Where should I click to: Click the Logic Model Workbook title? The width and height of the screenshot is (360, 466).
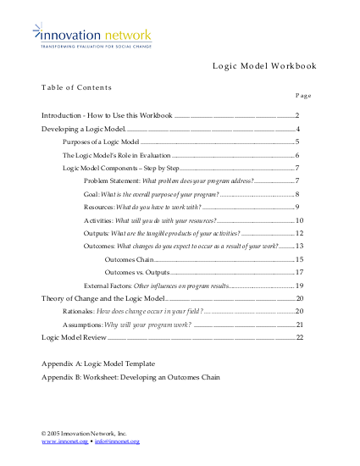point(263,66)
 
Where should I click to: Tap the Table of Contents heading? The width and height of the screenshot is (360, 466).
point(76,87)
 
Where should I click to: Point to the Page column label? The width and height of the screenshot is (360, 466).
point(305,97)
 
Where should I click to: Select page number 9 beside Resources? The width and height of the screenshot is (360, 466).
point(298,207)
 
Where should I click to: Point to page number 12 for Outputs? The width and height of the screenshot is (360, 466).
point(299,233)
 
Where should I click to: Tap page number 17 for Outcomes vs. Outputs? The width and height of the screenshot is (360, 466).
point(299,272)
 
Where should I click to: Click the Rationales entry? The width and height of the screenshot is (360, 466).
point(133,311)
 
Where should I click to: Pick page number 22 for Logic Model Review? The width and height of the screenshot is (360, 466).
point(299,337)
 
